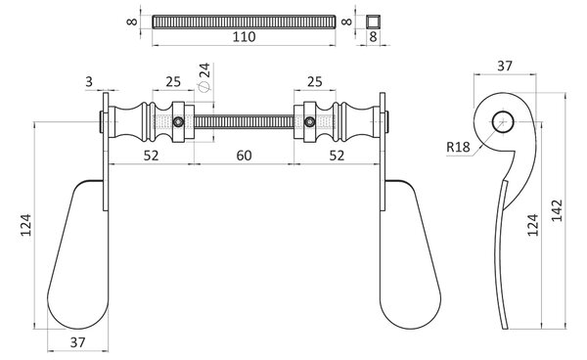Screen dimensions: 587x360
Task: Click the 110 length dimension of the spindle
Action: pos(244,37)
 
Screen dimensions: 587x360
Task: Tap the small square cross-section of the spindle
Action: pos(373,22)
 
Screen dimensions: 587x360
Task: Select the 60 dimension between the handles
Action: pos(244,156)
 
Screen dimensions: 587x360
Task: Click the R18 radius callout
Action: pos(458,147)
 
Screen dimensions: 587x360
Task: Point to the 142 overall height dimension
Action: pos(557,210)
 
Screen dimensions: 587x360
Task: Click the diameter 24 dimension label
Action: pos(204,76)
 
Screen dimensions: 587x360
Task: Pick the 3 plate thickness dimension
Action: pos(89,81)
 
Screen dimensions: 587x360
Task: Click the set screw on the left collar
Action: pos(179,121)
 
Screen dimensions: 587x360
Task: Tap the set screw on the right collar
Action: pos(309,121)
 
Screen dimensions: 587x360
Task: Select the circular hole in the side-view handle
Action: pos(503,121)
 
